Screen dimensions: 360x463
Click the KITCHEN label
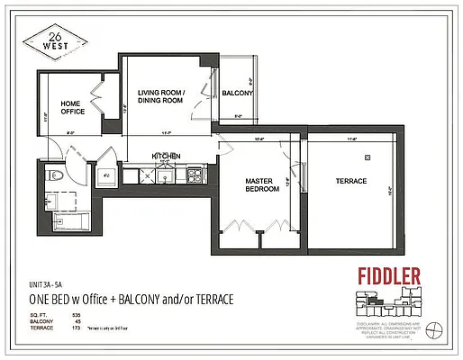[167, 156]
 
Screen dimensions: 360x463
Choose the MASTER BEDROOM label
[259, 185]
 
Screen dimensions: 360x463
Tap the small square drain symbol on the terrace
[368, 157]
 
